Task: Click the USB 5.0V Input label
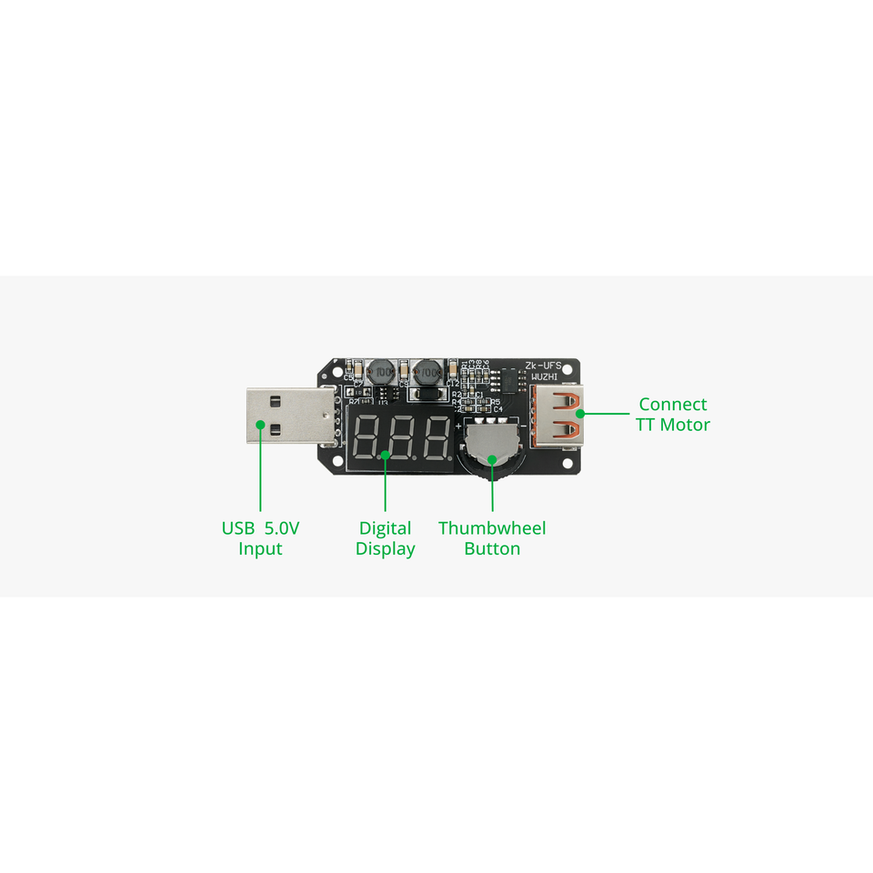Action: click(x=260, y=538)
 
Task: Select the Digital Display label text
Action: click(x=386, y=538)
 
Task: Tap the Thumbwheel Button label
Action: click(x=492, y=538)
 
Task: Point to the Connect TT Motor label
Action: click(x=673, y=415)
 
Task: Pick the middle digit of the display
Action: click(x=402, y=438)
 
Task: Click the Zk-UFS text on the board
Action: click(x=549, y=365)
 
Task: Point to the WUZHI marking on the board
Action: click(x=549, y=376)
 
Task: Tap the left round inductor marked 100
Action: click(x=381, y=373)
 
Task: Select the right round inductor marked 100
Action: click(x=425, y=373)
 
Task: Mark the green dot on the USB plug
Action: click(x=260, y=425)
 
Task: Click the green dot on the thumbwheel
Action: click(x=492, y=459)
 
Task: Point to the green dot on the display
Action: click(x=386, y=452)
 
